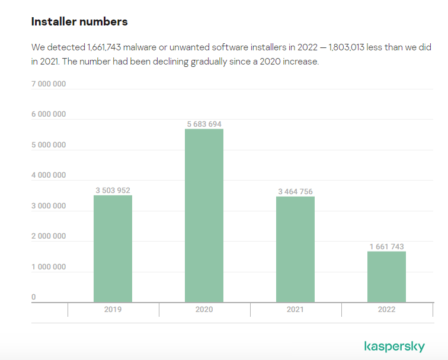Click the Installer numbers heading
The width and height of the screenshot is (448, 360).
point(79,22)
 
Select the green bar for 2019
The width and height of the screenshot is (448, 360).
point(113,249)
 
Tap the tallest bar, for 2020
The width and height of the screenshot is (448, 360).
point(204,216)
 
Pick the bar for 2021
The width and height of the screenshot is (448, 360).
point(295,249)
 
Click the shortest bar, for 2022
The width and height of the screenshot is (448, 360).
point(386,277)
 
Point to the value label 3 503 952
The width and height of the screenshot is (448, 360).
point(113,191)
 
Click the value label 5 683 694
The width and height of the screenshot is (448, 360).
point(204,124)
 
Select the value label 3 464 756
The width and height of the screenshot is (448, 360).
point(295,192)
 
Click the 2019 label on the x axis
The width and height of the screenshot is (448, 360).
point(113,310)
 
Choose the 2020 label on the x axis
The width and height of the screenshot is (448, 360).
point(204,310)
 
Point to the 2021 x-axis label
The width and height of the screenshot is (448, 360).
point(295,310)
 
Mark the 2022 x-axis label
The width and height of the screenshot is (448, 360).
point(386,310)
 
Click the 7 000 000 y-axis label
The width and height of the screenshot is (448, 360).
point(49,84)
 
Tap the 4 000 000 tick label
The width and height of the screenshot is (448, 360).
point(49,176)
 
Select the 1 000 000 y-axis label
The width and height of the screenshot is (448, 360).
point(49,267)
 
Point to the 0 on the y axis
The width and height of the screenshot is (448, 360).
point(34,297)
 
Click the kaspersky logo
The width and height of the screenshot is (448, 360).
point(394,346)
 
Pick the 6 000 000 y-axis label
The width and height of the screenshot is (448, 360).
point(49,114)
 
